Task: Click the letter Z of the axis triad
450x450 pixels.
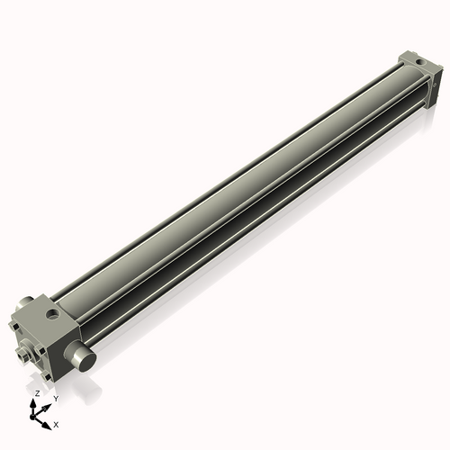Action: pyautogui.click(x=36, y=394)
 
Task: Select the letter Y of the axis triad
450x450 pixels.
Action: pyautogui.click(x=56, y=397)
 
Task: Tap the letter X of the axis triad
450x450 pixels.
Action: pyautogui.click(x=57, y=423)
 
